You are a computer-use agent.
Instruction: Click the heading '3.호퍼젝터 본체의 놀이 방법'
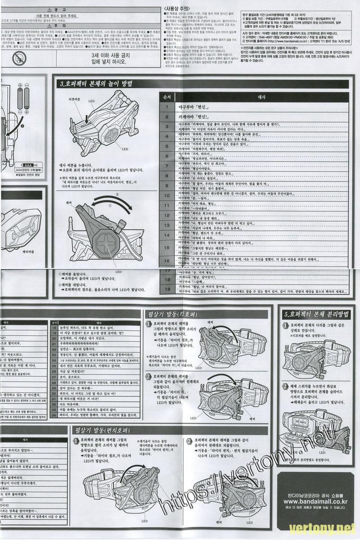(96, 84)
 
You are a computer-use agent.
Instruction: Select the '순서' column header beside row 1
(166, 97)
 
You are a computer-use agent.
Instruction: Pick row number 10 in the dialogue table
(166, 196)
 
